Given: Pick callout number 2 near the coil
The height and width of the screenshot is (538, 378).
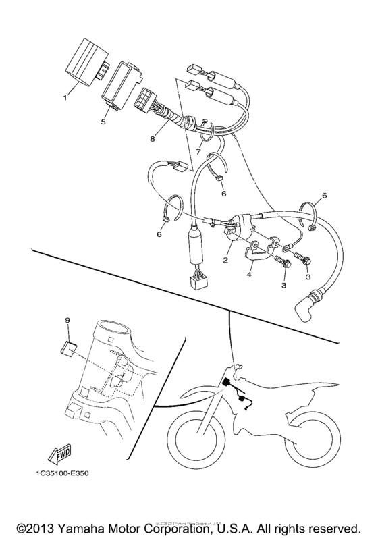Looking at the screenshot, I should [x=226, y=259].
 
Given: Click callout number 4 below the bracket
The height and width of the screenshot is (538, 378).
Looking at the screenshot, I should [x=248, y=274].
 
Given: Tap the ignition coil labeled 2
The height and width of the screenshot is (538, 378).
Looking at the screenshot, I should [x=240, y=226].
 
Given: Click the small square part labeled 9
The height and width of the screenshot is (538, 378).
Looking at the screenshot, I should [x=67, y=348].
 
